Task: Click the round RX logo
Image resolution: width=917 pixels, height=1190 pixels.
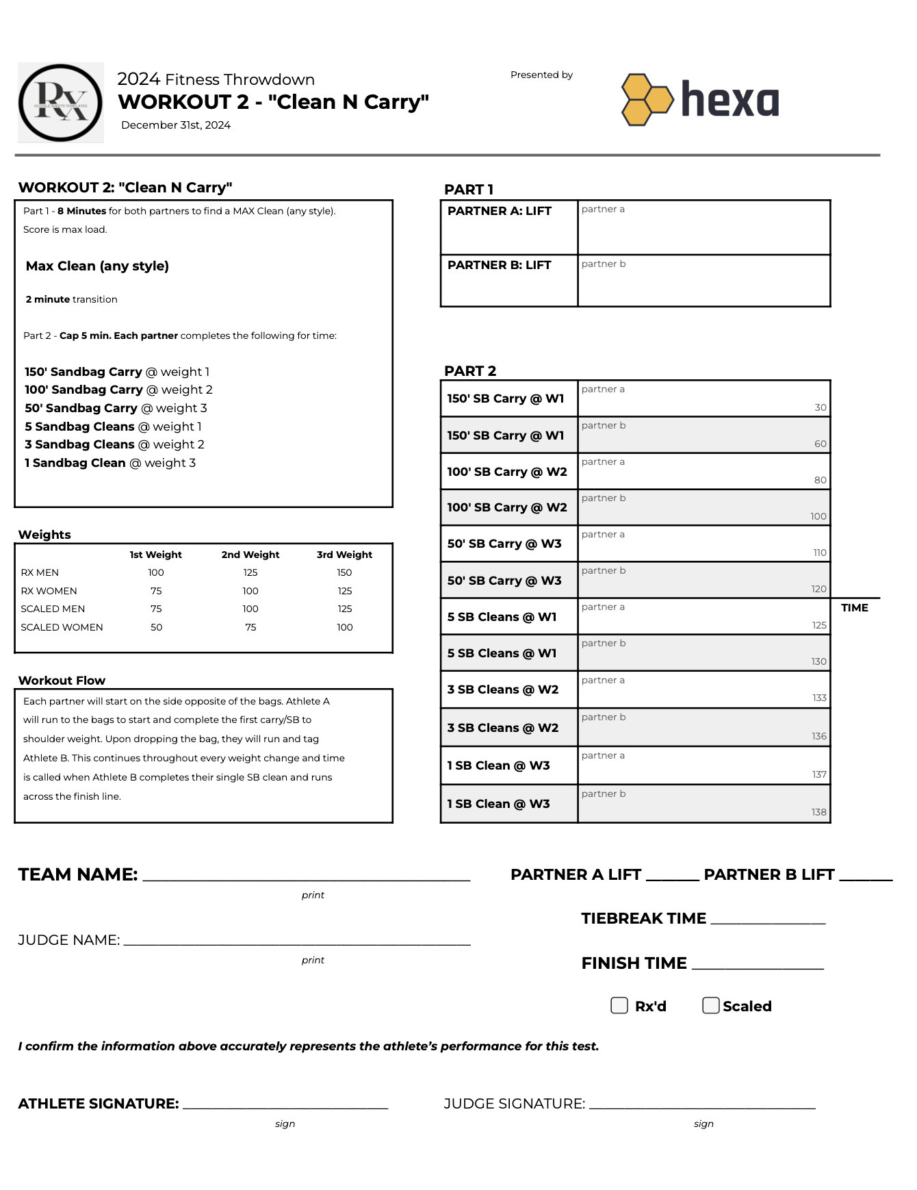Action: click(60, 103)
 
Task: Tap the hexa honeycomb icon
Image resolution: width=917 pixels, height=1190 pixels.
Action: click(647, 100)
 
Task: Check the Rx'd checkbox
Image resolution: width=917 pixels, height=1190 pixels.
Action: click(619, 1005)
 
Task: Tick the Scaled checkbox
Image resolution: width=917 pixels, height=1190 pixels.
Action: click(710, 1005)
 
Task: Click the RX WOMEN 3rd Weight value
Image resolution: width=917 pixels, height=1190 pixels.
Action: click(344, 591)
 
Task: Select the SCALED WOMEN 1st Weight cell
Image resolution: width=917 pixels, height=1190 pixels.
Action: click(156, 627)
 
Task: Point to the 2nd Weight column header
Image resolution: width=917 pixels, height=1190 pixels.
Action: click(250, 555)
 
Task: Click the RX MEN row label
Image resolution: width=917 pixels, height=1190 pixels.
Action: click(40, 572)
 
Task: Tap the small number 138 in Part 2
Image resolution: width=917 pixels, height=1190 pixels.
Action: click(818, 812)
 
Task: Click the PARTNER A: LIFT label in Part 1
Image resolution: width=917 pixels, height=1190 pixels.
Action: click(500, 211)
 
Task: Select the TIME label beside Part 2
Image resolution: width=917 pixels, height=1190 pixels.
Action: click(854, 608)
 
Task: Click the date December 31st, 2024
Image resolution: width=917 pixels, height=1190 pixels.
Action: click(176, 125)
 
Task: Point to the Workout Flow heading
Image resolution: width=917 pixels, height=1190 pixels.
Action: click(62, 681)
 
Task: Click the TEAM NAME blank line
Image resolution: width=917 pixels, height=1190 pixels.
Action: click(306, 877)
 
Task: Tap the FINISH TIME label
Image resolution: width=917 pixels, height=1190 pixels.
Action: click(634, 963)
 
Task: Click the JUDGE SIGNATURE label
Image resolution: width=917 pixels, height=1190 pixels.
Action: click(514, 1104)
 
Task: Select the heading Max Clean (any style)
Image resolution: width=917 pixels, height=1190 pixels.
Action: click(97, 266)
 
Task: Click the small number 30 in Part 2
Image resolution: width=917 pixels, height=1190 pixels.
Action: click(820, 407)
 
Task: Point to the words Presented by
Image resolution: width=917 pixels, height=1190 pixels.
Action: click(541, 75)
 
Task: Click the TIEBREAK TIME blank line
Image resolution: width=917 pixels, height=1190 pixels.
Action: click(768, 922)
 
